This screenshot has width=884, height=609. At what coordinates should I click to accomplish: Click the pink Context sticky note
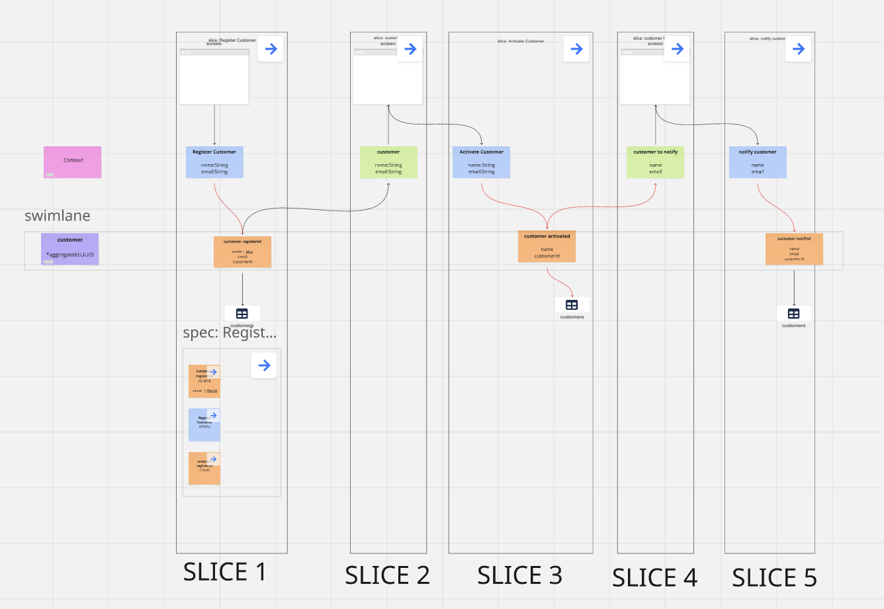point(73,162)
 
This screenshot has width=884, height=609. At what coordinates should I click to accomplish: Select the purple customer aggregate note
point(69,248)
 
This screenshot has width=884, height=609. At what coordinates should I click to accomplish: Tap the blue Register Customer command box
point(214,162)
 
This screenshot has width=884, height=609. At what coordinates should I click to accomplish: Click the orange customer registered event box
point(242,252)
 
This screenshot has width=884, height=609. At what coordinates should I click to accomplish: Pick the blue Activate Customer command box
point(481,162)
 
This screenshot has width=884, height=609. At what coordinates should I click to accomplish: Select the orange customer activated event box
point(547,246)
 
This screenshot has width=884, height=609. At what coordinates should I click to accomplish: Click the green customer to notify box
point(655,162)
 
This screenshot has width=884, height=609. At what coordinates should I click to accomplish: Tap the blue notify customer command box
point(758,162)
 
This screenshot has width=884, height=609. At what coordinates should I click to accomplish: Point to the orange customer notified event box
point(794,249)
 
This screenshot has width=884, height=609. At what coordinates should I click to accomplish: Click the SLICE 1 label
point(224,572)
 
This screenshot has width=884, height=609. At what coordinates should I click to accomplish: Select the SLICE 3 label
point(519,575)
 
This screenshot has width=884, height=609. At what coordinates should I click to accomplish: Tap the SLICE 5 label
point(774,578)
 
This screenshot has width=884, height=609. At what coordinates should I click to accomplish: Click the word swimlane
point(58,216)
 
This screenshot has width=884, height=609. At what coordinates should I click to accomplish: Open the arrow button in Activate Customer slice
point(576,49)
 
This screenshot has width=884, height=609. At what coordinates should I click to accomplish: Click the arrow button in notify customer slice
point(798,49)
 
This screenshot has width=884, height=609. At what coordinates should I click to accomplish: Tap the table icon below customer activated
point(572,305)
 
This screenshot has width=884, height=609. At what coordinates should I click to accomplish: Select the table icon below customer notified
point(794,314)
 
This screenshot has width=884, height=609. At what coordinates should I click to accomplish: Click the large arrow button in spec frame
point(264,365)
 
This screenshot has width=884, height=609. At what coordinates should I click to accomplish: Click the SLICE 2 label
point(387,575)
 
